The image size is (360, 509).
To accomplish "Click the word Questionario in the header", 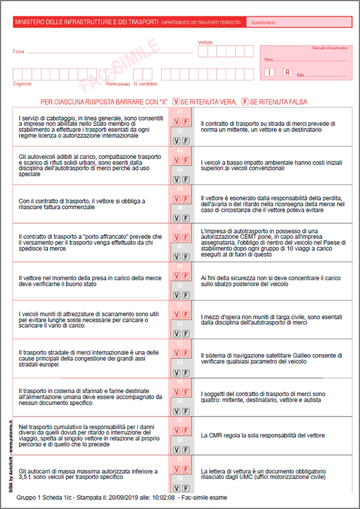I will [263, 23].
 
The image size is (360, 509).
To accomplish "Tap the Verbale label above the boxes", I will [205, 43].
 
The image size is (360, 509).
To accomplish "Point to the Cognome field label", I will [22, 84].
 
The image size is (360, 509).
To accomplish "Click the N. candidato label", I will [145, 84].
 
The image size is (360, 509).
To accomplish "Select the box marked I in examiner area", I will [270, 73].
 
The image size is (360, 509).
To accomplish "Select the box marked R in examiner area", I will [287, 73].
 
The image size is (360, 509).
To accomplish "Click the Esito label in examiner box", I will [301, 75].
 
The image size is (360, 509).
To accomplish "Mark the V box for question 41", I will [177, 122].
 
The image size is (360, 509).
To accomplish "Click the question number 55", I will [181, 381].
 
